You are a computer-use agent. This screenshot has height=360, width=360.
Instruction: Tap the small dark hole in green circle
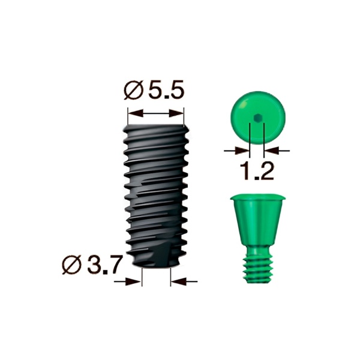256,118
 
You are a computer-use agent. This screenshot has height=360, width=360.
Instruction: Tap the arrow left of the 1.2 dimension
237,149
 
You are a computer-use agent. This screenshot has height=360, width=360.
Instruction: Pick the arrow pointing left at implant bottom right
183,280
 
